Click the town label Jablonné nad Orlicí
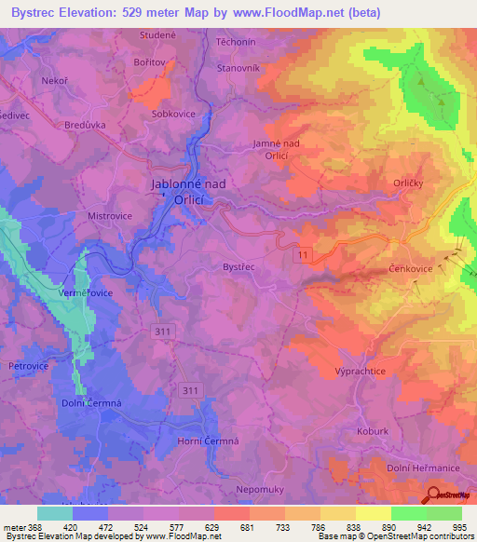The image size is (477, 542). tap(188, 191)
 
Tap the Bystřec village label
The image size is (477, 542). tap(238, 267)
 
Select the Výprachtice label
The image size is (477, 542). tap(360, 372)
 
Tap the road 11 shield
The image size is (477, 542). tap(304, 253)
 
